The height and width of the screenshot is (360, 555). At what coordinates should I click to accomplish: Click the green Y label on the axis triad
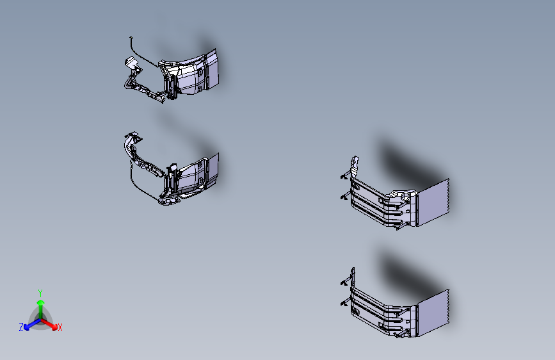pyautogui.click(x=40, y=293)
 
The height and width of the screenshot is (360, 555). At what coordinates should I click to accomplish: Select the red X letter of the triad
pyautogui.click(x=60, y=327)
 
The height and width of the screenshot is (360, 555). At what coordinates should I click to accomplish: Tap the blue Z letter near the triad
pyautogui.click(x=21, y=327)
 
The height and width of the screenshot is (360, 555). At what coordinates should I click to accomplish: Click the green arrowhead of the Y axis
pyautogui.click(x=41, y=303)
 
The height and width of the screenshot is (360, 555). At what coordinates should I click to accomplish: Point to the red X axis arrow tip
pyautogui.click(x=54, y=327)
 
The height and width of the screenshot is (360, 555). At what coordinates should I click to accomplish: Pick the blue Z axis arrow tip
pyautogui.click(x=26, y=328)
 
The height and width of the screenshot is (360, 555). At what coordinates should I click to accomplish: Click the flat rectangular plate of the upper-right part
pyautogui.click(x=433, y=202)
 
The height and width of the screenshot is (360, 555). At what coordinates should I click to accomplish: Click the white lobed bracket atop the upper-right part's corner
pyautogui.click(x=399, y=196)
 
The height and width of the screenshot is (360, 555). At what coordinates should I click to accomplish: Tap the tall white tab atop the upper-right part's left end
pyautogui.click(x=354, y=167)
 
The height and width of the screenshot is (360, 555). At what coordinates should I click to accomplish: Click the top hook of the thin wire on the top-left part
pyautogui.click(x=131, y=38)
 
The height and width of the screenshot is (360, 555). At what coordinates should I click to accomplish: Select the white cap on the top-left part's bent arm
pyautogui.click(x=131, y=62)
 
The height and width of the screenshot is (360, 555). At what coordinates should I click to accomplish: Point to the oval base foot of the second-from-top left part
pyautogui.click(x=170, y=201)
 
